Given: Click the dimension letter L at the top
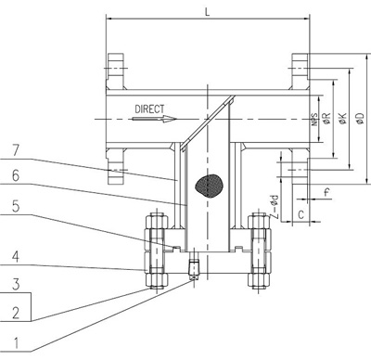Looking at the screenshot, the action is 207,12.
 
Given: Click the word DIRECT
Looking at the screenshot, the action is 149,109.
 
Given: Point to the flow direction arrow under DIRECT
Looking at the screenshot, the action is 154,119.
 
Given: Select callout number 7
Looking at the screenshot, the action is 16,150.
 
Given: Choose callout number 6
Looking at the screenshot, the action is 16,175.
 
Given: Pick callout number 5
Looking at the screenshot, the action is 16,206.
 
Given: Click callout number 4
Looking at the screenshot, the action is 16,256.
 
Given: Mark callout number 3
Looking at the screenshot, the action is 16,284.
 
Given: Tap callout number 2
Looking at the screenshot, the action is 16,313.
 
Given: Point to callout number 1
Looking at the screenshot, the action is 16,342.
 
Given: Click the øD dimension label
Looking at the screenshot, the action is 361,119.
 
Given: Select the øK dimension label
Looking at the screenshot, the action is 343,119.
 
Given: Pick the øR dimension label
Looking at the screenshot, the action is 326,119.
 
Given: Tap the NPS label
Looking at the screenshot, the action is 314,120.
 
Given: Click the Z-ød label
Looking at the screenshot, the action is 275,207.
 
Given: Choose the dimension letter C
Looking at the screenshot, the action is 301,214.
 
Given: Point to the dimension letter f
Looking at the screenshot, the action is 326,193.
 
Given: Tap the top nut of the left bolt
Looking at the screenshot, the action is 157,221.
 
